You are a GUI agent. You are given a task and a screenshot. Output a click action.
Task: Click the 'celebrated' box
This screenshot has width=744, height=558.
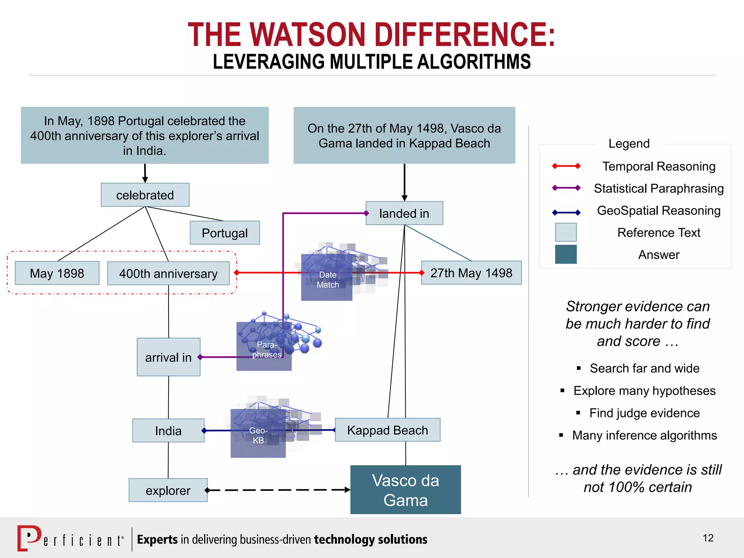[x=145, y=195]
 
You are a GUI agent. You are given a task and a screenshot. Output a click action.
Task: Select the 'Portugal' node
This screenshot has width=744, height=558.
[x=225, y=233]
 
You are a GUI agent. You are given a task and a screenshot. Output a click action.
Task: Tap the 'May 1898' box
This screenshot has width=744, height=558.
[x=57, y=273]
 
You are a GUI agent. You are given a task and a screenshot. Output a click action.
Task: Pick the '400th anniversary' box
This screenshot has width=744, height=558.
[x=168, y=274]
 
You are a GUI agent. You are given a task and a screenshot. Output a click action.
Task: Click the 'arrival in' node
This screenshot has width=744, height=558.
[x=168, y=357]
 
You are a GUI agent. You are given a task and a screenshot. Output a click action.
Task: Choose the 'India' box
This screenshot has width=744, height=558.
[x=168, y=430]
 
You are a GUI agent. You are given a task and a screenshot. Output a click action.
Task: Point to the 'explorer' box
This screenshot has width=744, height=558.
[x=168, y=490]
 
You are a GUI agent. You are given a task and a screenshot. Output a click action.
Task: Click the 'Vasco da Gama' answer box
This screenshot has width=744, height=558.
[x=405, y=490]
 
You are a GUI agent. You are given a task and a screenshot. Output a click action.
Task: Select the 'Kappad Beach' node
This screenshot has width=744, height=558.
[x=388, y=430]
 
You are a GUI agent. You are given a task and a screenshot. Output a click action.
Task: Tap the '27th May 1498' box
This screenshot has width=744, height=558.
[x=471, y=273]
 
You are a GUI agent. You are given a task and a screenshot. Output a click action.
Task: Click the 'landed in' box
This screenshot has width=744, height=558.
[x=404, y=213]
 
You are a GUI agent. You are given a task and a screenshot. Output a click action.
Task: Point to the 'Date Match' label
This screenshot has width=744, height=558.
[x=328, y=280]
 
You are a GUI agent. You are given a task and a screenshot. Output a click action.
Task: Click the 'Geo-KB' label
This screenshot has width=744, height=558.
[x=258, y=435]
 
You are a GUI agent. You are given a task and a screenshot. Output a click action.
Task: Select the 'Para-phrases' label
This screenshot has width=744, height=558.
[x=267, y=349]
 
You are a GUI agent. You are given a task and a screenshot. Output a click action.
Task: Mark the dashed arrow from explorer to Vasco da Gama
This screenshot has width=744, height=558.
[x=278, y=490]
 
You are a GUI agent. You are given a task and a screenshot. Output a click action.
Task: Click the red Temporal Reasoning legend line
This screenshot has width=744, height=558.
[x=566, y=166]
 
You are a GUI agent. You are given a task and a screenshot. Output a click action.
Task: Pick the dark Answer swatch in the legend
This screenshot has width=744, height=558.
[x=566, y=254]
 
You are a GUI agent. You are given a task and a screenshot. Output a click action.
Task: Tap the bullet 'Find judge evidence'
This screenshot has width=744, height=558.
[x=644, y=413]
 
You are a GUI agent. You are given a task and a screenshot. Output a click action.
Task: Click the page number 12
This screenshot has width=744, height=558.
[x=708, y=538]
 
